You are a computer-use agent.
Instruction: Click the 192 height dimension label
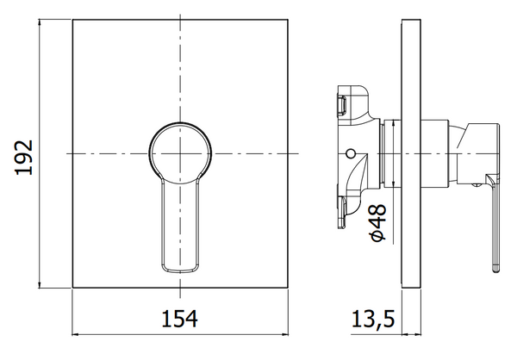point(24,158)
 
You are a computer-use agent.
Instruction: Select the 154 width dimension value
point(179,319)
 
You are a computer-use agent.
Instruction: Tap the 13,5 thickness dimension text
point(372,319)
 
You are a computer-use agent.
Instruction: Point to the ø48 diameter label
point(378,222)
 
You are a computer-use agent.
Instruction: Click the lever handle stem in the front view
point(180,227)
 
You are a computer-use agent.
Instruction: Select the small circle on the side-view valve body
point(352,153)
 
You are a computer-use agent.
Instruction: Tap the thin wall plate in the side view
point(411,154)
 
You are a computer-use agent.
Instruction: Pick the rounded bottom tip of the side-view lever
point(496,269)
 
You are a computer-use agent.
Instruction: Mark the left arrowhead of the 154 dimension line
point(75,334)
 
